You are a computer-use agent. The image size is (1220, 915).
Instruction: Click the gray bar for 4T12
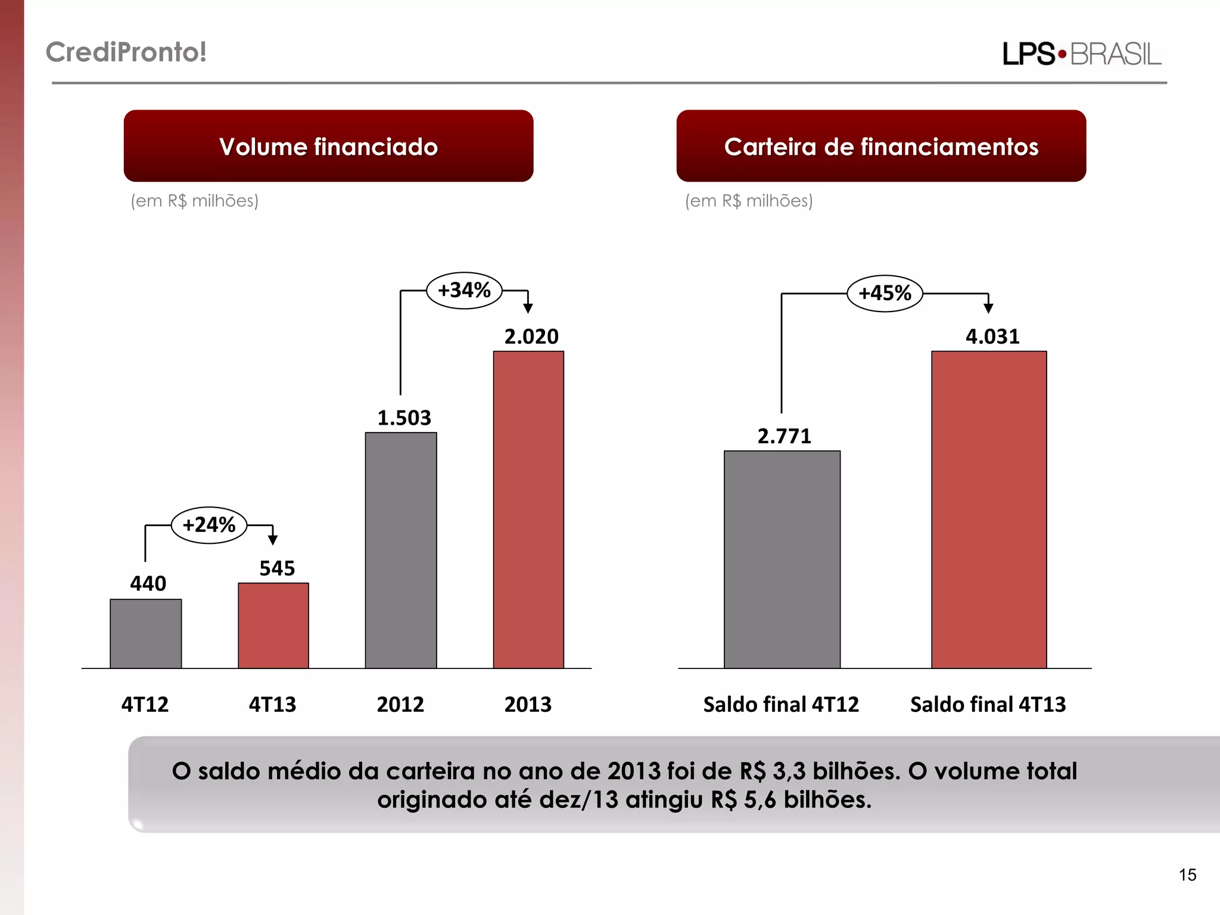[x=145, y=633]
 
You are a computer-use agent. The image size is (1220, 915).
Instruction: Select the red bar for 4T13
[x=273, y=625]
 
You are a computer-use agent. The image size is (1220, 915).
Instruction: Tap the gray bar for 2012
[x=401, y=550]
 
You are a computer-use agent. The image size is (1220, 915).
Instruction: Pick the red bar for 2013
[x=528, y=509]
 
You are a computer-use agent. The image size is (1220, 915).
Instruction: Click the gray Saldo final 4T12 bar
[x=782, y=559]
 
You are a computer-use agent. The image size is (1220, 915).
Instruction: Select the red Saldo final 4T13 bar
[x=989, y=509]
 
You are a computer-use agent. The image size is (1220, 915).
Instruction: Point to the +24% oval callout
[x=209, y=525]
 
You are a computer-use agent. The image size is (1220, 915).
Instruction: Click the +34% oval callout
[x=464, y=290]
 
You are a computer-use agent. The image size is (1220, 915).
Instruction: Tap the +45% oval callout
[x=885, y=293]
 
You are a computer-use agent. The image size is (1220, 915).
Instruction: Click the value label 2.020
[x=531, y=337]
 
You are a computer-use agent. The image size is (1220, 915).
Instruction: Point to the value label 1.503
[x=404, y=418]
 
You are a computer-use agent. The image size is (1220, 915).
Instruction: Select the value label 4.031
[x=992, y=337]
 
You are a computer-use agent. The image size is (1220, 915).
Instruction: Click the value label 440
[x=148, y=583]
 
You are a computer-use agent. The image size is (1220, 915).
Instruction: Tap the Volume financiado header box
[x=328, y=146]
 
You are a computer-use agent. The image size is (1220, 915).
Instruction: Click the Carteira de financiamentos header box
[x=881, y=146]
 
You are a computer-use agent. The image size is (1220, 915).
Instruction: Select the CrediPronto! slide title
[x=126, y=52]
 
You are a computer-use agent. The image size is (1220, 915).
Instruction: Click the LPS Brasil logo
[x=1082, y=54]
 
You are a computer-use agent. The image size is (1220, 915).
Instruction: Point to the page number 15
[x=1187, y=874]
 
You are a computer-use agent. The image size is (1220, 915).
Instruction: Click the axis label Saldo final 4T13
[x=988, y=704]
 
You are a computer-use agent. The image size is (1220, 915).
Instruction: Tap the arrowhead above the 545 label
[x=273, y=540]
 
